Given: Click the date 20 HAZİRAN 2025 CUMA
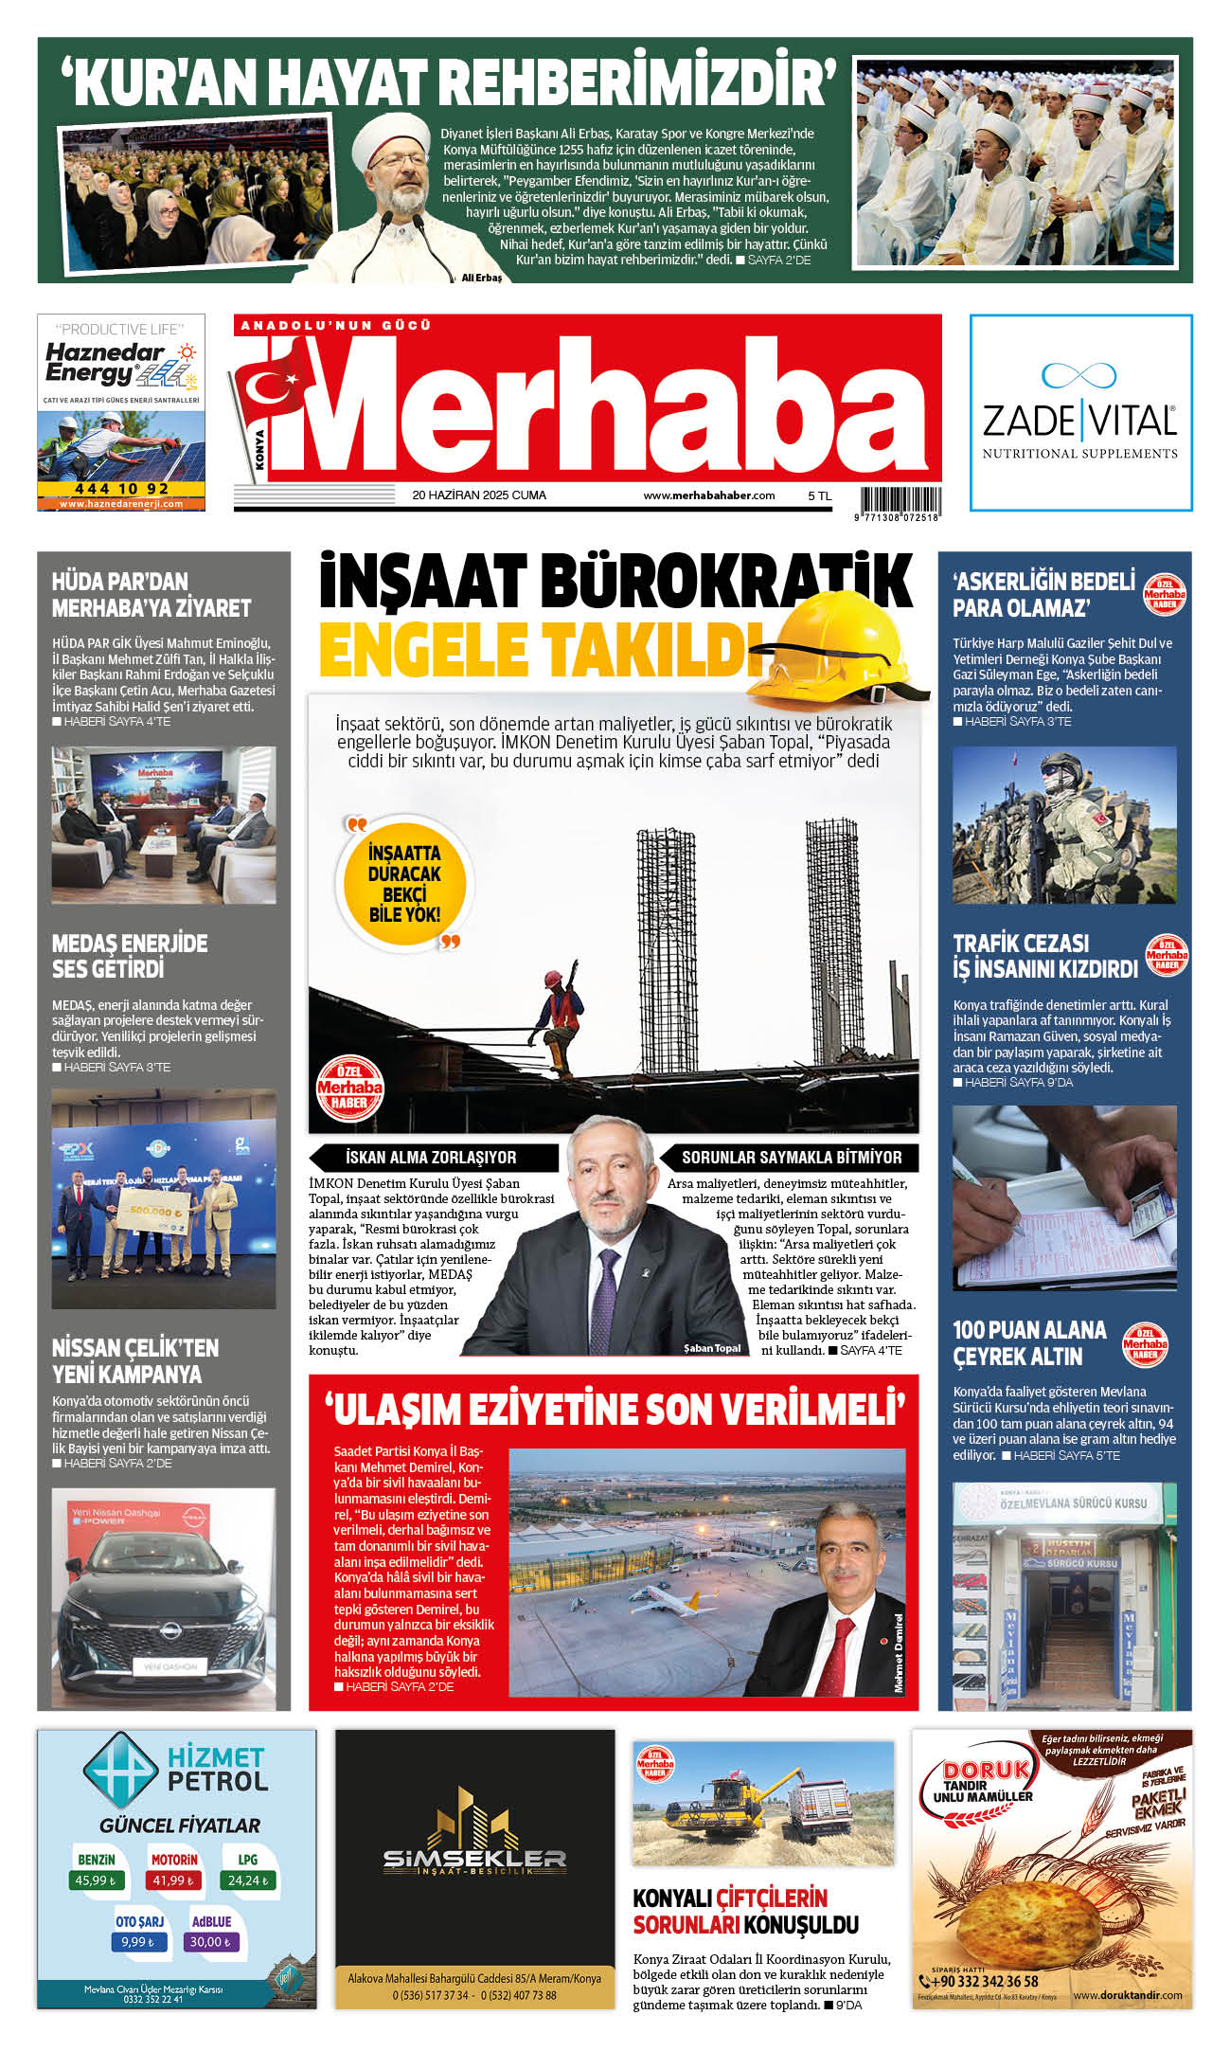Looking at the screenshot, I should pos(479,495).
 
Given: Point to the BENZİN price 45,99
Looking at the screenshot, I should pos(96,1880).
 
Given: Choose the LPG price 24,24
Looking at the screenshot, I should pos(248,1880).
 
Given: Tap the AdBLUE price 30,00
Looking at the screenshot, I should pos(211,1942).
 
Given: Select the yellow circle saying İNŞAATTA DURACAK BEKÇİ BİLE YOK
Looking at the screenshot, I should pos(404,883).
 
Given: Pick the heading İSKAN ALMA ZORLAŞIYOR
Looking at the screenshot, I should pos(431,1157).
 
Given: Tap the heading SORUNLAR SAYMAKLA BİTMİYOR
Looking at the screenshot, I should pos(792,1157).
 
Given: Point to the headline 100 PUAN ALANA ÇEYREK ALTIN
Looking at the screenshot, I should pos(1029,1343).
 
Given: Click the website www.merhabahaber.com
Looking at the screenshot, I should pos(708,495).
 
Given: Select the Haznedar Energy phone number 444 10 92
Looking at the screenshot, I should pos(121,489).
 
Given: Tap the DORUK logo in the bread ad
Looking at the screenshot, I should pos(985,1770).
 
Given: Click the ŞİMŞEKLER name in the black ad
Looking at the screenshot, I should pos(474,1860).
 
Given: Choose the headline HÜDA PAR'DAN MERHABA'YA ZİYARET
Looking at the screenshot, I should pos(152,595).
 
